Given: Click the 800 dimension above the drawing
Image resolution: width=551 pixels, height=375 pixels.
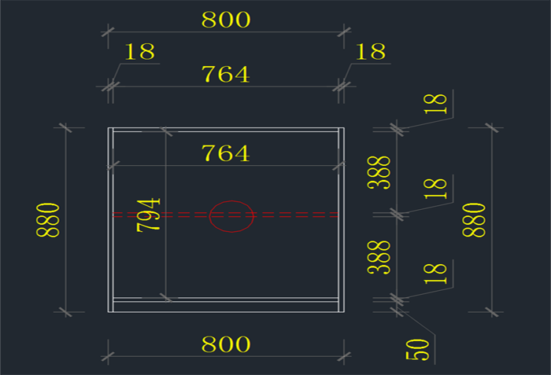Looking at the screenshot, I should tap(226, 20).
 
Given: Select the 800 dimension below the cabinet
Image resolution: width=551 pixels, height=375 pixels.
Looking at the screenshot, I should tap(226, 344).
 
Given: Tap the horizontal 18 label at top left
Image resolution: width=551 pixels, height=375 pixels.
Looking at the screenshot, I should tap(139, 52).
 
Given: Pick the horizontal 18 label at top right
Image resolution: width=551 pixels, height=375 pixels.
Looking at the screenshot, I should tap(370, 52).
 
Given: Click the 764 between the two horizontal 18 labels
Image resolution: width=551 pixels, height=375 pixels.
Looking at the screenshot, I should tap(226, 75).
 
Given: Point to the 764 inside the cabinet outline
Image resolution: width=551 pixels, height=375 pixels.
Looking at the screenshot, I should tap(226, 153).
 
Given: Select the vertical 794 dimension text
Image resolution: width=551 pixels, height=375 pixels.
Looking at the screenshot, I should tap(150, 214).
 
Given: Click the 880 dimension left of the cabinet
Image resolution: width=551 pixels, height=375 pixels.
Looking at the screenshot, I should tap(49, 220).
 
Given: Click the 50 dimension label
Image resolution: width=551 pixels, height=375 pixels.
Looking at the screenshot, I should tap(421, 349).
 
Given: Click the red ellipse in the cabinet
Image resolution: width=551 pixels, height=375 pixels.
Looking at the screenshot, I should tap(231, 216).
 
